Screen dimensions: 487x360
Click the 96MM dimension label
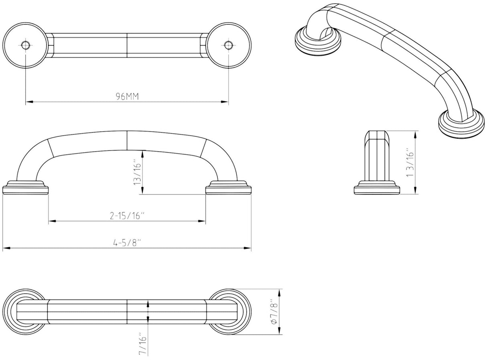(x=127, y=96)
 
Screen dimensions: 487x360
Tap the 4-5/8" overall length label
(x=127, y=243)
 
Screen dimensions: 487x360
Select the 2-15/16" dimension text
(x=128, y=216)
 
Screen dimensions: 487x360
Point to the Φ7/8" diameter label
(x=274, y=311)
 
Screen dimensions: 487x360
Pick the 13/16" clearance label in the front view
(x=137, y=172)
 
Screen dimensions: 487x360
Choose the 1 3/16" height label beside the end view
(x=410, y=163)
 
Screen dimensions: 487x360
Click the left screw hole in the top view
(x=26, y=45)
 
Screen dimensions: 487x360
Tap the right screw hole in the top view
(x=228, y=45)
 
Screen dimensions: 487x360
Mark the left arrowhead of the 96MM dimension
(x=29, y=102)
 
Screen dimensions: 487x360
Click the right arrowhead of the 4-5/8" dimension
(x=248, y=248)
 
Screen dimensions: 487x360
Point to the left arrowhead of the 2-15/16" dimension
(x=52, y=221)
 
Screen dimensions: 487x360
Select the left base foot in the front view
(x=25, y=187)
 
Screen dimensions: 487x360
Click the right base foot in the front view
(x=228, y=187)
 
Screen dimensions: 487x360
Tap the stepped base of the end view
(x=377, y=187)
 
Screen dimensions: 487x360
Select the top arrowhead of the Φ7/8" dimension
(x=279, y=293)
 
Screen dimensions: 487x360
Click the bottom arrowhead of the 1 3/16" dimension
(x=415, y=190)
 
